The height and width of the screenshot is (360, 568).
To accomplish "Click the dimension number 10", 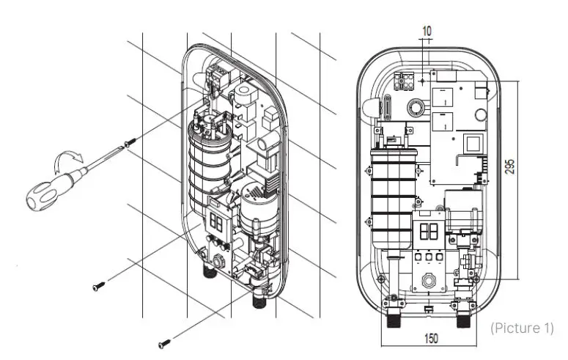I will click(427, 31).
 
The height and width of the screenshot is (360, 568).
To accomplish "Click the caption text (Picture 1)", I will click(522, 327).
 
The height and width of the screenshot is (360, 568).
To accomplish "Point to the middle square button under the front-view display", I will click(429, 258).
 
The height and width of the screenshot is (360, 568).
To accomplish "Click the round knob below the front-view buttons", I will click(429, 281).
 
